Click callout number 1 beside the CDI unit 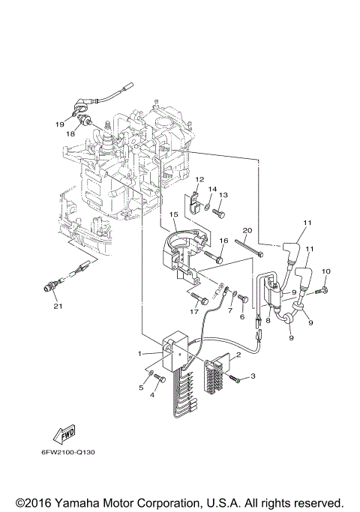click(x=140, y=353)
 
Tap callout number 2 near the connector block click(x=238, y=356)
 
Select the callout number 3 click(x=253, y=376)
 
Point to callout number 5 click(x=140, y=388)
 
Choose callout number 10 click(x=326, y=271)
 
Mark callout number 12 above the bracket click(x=200, y=181)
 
